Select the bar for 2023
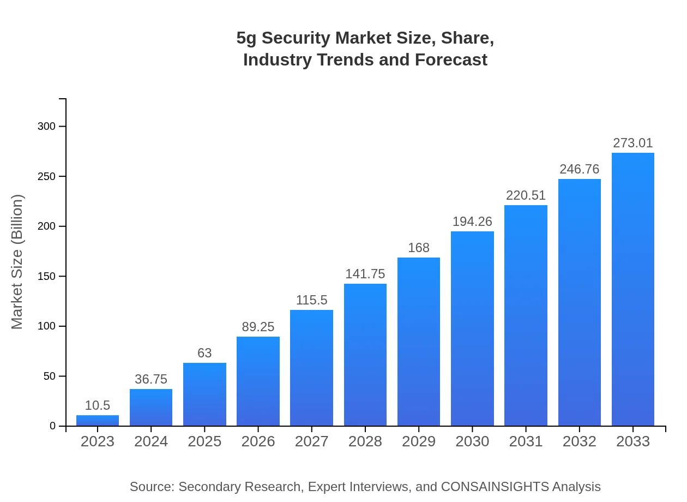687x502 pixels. coord(98,421)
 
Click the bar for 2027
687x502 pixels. coord(311,368)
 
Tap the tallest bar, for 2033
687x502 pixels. coord(632,289)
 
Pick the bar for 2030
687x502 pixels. coord(472,328)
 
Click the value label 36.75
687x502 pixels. coord(151,379)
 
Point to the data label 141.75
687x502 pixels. coord(365,274)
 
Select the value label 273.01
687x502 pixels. coord(632,143)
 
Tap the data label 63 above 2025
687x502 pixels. coord(204,353)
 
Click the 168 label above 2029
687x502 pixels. coord(419,248)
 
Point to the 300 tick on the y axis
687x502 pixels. coord(46,127)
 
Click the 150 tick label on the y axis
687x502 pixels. coord(46,277)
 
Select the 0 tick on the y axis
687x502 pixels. coord(53,426)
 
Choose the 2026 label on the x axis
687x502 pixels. coord(258,441)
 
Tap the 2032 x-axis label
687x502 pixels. coord(579,441)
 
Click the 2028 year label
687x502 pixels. coord(365,441)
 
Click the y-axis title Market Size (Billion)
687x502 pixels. coord(17,262)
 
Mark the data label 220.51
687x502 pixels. coord(526,195)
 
